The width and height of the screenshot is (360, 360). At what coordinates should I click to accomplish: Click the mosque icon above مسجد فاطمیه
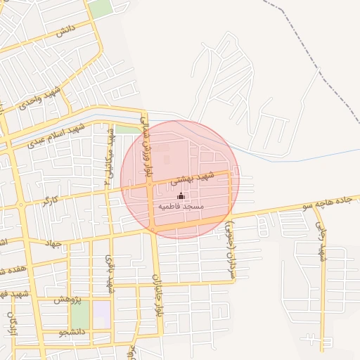tap(181, 195)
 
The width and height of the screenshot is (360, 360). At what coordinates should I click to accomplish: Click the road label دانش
tap(65, 30)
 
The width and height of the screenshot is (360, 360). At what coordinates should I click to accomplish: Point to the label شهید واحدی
tap(41, 97)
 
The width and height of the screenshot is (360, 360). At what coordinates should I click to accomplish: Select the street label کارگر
tap(49, 201)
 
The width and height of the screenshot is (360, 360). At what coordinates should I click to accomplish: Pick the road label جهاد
tap(53, 244)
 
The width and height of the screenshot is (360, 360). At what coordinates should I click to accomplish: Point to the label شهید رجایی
tap(322, 243)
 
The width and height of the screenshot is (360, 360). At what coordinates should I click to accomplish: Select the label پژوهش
tap(68, 300)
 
